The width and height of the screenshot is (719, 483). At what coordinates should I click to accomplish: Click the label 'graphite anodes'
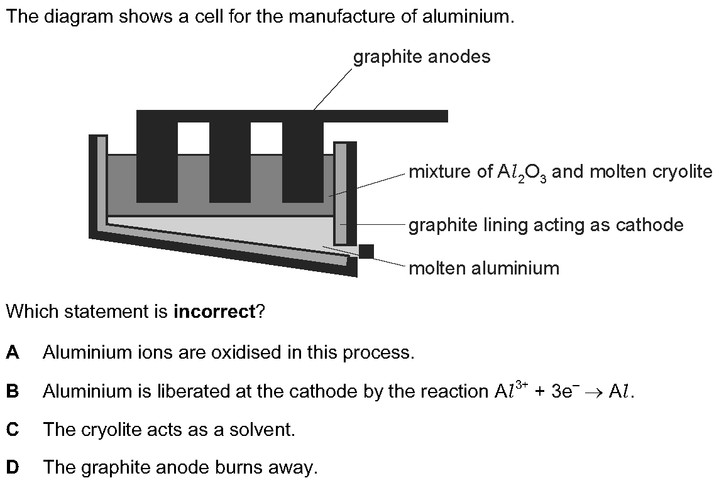point(421,57)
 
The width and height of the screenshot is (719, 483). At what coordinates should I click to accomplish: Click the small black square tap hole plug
point(366,252)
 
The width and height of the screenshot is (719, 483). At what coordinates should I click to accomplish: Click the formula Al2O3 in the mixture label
point(522,173)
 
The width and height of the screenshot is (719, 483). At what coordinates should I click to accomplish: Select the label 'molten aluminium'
point(484,269)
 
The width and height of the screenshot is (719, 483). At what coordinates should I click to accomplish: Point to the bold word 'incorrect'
point(214,312)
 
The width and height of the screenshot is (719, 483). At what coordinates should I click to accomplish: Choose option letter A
point(13,352)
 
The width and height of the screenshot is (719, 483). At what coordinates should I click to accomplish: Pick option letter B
point(13,391)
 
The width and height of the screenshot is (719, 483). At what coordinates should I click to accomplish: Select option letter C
point(13,430)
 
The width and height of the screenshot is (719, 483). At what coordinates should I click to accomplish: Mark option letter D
point(13,467)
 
